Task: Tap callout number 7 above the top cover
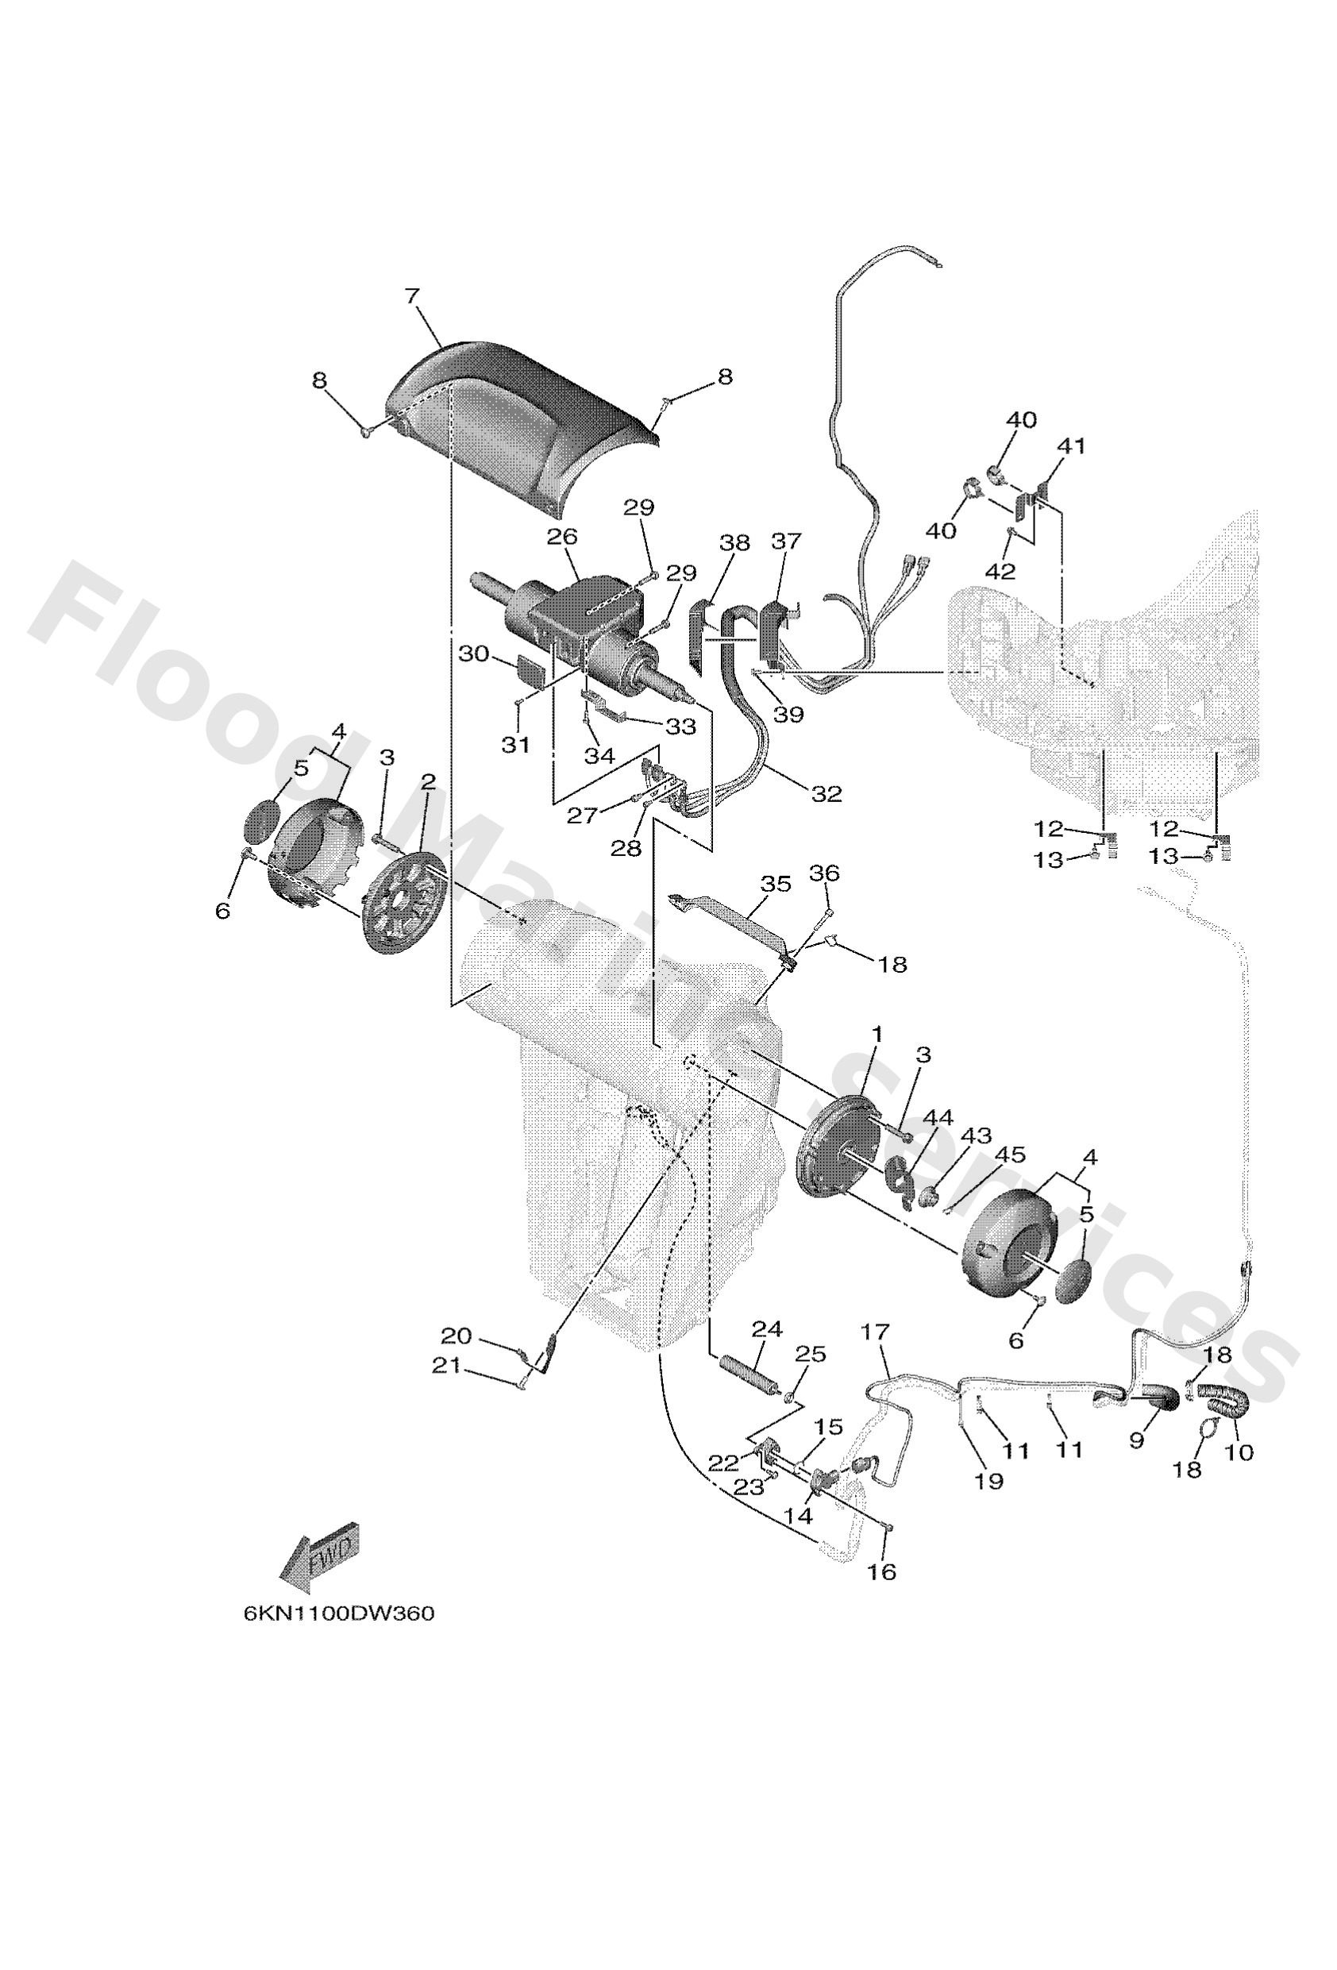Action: (x=411, y=296)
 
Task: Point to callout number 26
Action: (x=561, y=537)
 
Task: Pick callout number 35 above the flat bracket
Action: (x=775, y=884)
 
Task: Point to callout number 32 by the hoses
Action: (x=826, y=793)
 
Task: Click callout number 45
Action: (x=1010, y=1155)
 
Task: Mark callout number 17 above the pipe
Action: (x=875, y=1332)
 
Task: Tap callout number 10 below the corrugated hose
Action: (x=1239, y=1452)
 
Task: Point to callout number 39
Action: (x=788, y=714)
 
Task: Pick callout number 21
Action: (x=447, y=1366)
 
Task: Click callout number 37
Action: (x=785, y=541)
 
